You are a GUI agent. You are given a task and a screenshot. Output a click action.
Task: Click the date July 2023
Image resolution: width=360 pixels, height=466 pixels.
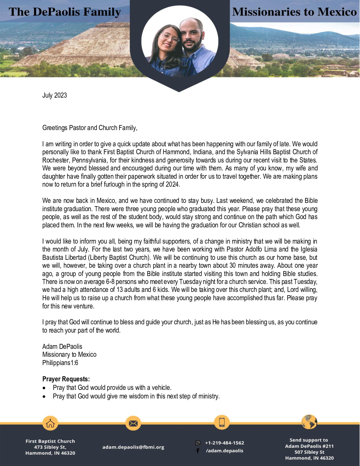point(55,95)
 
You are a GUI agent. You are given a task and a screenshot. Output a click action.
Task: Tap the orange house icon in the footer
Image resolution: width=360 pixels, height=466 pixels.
point(50,423)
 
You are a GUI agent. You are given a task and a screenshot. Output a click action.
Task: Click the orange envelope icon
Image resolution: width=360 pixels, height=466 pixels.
point(133,423)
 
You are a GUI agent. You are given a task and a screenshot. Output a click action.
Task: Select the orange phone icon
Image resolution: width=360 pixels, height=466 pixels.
point(222,422)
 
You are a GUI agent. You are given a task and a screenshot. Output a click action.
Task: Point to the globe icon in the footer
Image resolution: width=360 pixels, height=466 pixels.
point(309,422)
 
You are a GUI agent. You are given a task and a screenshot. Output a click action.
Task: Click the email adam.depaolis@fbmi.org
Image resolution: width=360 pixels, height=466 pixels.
point(133,447)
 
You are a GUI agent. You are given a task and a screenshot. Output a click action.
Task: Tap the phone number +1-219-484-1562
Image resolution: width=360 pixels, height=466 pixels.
point(224,443)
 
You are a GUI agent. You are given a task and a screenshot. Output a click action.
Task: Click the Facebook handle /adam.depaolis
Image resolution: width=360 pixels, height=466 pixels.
point(224,451)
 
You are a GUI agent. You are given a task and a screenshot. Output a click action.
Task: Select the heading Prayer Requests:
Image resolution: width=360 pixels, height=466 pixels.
point(66,379)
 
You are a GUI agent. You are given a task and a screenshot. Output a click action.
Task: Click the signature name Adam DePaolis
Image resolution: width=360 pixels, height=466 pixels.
point(62,347)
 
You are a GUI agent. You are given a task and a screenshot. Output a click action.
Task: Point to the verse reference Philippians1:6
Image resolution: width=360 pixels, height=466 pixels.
point(60,363)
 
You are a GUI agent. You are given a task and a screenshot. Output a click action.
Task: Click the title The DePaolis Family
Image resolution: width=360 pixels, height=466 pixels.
point(65,12)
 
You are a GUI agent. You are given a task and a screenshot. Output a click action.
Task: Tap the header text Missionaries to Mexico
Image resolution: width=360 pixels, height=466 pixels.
point(294,12)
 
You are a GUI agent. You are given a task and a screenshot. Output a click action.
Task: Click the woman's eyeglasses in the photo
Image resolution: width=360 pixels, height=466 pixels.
point(170,37)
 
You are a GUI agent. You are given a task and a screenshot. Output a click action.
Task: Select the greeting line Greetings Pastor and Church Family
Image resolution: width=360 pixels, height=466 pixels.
point(90,128)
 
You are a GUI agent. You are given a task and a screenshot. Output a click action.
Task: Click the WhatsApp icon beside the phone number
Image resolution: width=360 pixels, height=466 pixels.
point(198,443)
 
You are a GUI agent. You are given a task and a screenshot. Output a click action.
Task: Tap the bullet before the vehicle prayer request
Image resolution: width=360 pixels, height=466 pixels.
point(44,388)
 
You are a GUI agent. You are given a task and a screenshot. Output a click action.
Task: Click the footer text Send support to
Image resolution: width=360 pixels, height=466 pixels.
point(309,440)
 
